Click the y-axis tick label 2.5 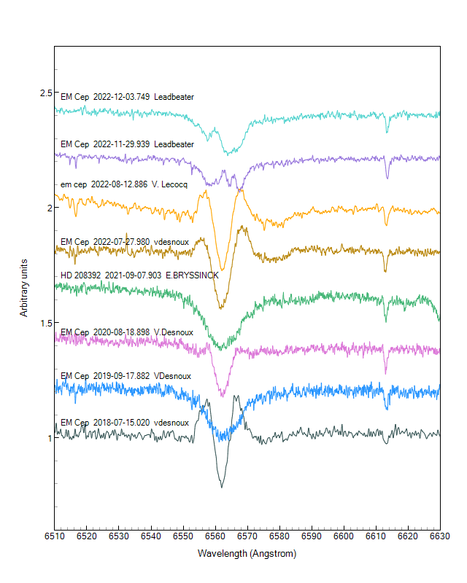click(45, 93)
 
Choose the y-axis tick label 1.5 click(45, 323)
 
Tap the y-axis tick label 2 click(48, 208)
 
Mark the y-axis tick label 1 click(48, 438)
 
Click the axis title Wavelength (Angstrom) click(247, 554)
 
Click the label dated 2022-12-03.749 click(127, 97)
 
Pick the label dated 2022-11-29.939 click(127, 144)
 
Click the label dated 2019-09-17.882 click(126, 376)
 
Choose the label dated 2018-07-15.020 click(125, 423)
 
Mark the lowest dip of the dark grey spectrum click(221, 487)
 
